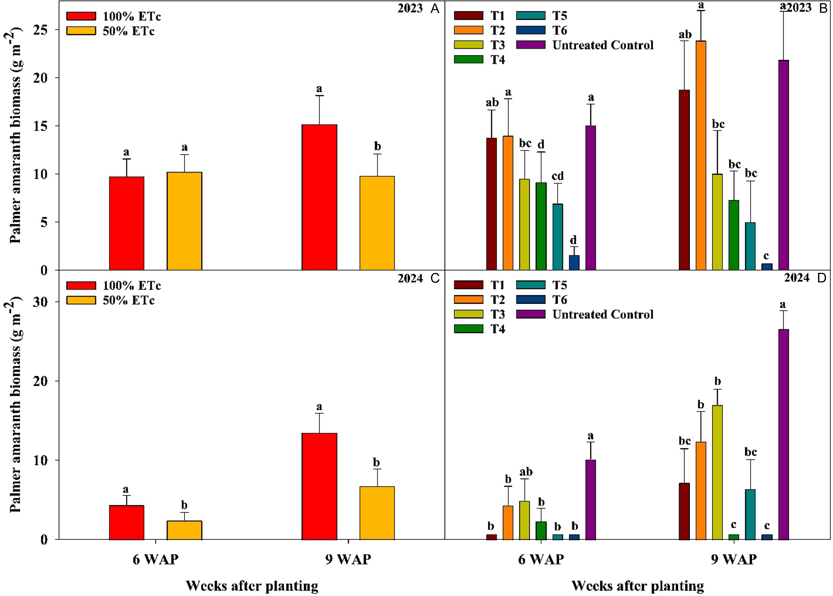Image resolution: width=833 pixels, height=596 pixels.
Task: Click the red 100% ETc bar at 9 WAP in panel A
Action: pos(319,197)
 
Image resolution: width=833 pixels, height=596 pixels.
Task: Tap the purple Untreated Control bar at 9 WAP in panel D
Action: pos(783,434)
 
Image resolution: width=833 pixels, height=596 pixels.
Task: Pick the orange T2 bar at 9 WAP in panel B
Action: pos(701,156)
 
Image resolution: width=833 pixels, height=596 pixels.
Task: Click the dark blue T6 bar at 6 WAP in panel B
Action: pos(574,263)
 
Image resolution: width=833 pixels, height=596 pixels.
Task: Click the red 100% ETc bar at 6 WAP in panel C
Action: pos(127,523)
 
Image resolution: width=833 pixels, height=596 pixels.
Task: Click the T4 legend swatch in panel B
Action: pos(469,60)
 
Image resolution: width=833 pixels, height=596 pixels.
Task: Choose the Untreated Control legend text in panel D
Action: pos(603,315)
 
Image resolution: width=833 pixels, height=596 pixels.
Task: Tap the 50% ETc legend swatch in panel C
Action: pos(81,300)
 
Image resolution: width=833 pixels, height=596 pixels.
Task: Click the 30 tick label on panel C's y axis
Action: pos(40,302)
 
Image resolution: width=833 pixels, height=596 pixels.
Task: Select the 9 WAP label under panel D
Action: pos(734,559)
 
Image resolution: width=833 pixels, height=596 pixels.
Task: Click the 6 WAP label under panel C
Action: pos(156,559)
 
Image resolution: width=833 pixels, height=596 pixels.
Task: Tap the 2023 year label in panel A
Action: pos(410,9)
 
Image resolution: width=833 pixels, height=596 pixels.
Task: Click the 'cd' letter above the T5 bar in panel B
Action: pos(558,176)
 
